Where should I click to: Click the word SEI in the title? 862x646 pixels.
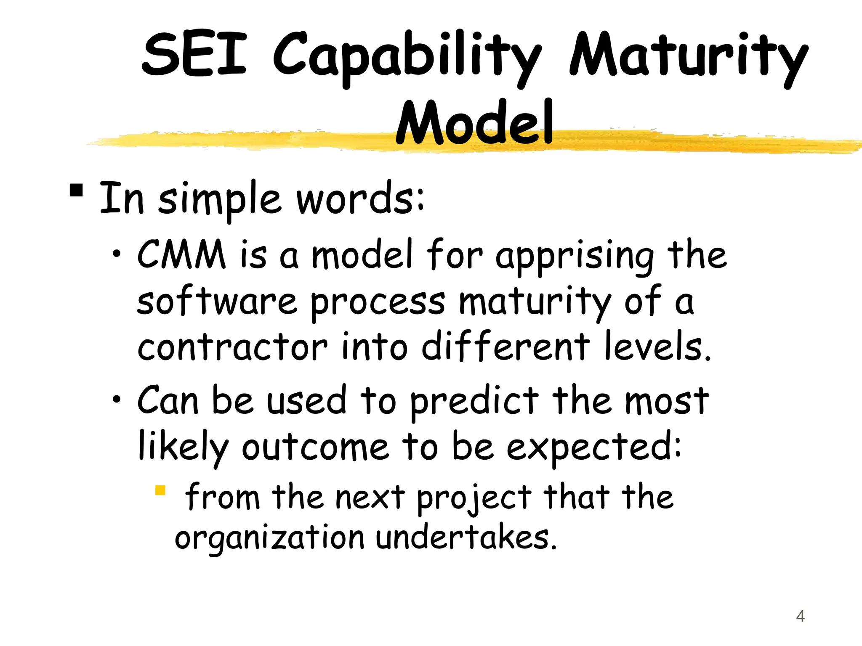(194, 55)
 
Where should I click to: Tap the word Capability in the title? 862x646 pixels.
(406, 57)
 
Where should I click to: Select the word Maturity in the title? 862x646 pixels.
(688, 57)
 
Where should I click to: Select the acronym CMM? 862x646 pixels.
(181, 254)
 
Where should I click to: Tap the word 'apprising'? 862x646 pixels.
(575, 257)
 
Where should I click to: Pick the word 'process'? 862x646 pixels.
(378, 303)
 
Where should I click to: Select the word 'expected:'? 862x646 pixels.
(593, 448)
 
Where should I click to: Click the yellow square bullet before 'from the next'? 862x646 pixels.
(160, 490)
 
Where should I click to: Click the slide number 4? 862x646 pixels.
(800, 617)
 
